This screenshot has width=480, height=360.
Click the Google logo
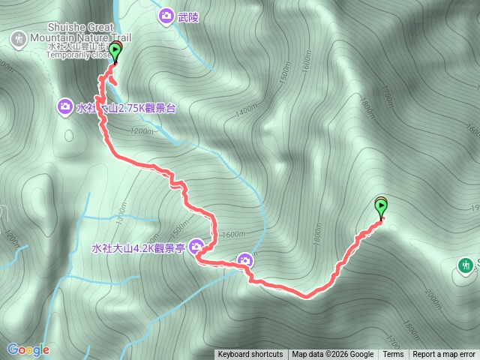28,349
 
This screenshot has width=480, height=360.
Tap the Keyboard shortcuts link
250,355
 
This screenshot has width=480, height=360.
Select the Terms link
393,355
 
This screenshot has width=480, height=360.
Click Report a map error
444,355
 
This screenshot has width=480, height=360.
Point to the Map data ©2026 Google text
332,355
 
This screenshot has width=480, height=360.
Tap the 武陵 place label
188,15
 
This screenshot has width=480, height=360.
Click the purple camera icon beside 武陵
166,15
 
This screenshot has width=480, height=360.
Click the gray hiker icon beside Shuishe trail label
16,37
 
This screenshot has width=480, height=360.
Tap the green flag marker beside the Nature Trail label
114,51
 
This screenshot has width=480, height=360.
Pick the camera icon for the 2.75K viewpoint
65,108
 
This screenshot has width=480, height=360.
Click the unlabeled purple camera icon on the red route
244,260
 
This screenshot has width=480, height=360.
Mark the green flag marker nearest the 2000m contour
380,206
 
